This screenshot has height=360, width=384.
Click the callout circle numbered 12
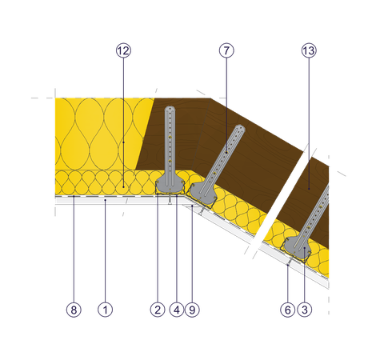click(123, 50)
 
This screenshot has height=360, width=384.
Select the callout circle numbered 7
click(226, 50)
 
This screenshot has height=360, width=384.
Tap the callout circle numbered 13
click(309, 50)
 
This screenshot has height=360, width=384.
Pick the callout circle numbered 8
click(74, 310)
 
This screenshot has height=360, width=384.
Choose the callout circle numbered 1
click(105, 310)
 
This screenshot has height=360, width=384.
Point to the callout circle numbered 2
click(158, 310)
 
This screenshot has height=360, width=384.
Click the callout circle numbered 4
click(177, 310)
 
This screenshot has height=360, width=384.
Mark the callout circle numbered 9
click(192, 310)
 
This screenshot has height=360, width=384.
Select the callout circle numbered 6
click(288, 310)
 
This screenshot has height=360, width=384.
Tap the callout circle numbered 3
click(305, 310)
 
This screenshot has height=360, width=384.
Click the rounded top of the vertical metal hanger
click(170, 109)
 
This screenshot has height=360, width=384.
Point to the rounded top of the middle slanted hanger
click(240, 129)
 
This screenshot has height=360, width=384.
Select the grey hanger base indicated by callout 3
click(298, 249)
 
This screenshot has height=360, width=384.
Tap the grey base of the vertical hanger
click(170, 183)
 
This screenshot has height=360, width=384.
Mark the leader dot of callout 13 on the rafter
click(309, 189)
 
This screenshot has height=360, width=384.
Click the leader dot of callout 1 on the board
click(105, 200)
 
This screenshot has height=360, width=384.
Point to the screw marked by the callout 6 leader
click(290, 262)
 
